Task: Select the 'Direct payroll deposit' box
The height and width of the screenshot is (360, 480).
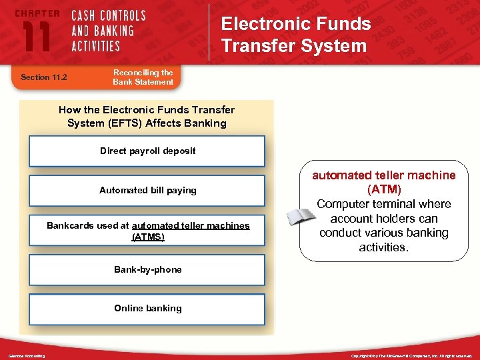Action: tap(147, 151)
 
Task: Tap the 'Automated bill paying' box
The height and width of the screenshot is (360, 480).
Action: tap(147, 190)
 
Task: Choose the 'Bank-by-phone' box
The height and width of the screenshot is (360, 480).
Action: tap(147, 269)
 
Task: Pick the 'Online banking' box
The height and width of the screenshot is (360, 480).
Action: tap(147, 308)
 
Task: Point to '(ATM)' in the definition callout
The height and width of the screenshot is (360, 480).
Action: tap(384, 189)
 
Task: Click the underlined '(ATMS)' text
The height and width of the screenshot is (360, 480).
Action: tap(148, 237)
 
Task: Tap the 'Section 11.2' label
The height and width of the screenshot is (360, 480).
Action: tap(45, 77)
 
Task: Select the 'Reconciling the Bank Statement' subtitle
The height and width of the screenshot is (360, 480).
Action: tap(143, 77)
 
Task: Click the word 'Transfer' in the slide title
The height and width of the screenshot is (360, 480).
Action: tap(254, 45)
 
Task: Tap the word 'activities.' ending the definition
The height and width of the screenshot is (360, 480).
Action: tap(384, 247)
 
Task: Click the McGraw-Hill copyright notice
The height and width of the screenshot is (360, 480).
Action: tap(412, 356)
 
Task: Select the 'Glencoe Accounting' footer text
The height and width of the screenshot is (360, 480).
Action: tap(27, 356)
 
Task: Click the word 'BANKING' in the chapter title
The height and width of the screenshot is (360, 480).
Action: tap(113, 31)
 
